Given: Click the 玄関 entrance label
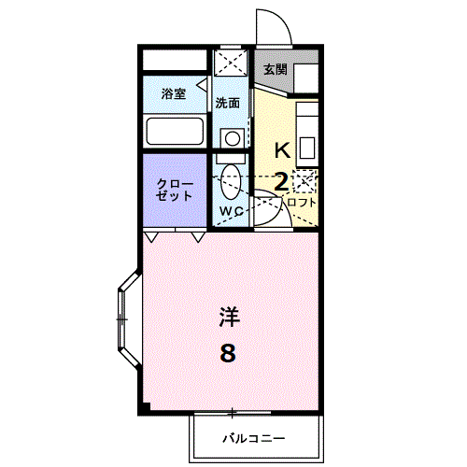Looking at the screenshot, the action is coord(276,69).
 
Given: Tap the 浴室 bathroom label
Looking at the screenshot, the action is coord(174,93).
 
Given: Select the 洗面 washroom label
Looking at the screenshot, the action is coord(228,103).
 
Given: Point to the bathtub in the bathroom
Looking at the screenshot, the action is coord(175,131).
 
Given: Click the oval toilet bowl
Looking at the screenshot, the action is coord(231,182).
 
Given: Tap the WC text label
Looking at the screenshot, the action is coord(231,211).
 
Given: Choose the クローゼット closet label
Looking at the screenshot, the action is coord(175,190).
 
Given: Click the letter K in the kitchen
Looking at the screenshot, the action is coord(283,150).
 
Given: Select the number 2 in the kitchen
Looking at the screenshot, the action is coord(281,182).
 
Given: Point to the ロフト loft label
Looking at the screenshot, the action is coord(302,203).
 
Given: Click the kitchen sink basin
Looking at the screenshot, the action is coord(307,148).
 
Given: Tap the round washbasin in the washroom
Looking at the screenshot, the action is coord(233,138).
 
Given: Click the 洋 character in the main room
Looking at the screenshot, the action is coord(230,317).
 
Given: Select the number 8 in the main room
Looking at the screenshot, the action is coord(228,353).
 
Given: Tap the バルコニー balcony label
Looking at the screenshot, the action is coord(254,439).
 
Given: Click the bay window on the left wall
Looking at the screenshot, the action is coord(128,319).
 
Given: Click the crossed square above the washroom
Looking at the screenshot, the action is coord(231,63).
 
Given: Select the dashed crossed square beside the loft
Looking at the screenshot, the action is coord(304,181).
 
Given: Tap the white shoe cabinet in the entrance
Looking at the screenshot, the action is coord(306,78).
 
